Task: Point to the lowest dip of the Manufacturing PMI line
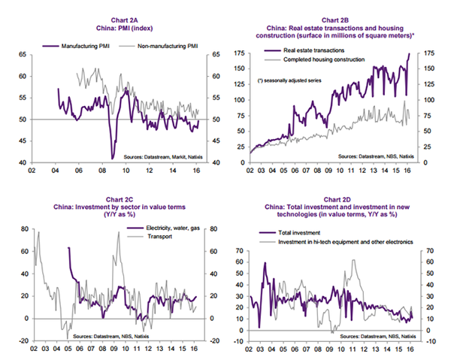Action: tap(113, 158)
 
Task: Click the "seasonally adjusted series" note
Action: tap(293, 80)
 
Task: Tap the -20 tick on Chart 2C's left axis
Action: tap(23, 341)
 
